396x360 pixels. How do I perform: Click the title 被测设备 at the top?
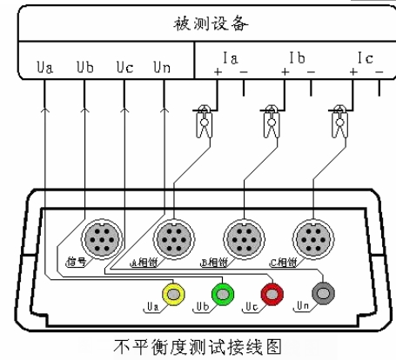click(x=199, y=20)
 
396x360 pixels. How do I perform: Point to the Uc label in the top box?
click(x=124, y=66)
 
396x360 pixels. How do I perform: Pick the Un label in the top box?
click(x=163, y=66)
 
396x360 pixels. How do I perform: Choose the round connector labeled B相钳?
click(x=241, y=236)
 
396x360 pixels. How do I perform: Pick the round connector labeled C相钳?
click(x=311, y=236)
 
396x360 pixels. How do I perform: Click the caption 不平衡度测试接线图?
click(x=199, y=345)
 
